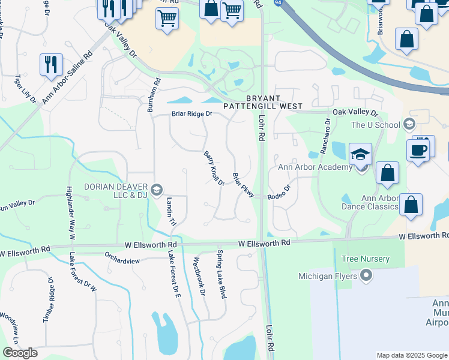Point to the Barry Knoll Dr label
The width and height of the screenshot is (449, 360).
[213, 168]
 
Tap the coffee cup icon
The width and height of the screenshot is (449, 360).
[418, 151]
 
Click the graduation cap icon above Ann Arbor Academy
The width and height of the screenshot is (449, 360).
[360, 155]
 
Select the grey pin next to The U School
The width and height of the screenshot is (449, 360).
[410, 125]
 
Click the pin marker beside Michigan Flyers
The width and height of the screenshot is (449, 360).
[367, 276]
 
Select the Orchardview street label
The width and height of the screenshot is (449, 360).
[122, 261]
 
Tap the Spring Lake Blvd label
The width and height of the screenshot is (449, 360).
[221, 274]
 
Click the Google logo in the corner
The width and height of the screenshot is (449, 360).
[20, 353]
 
